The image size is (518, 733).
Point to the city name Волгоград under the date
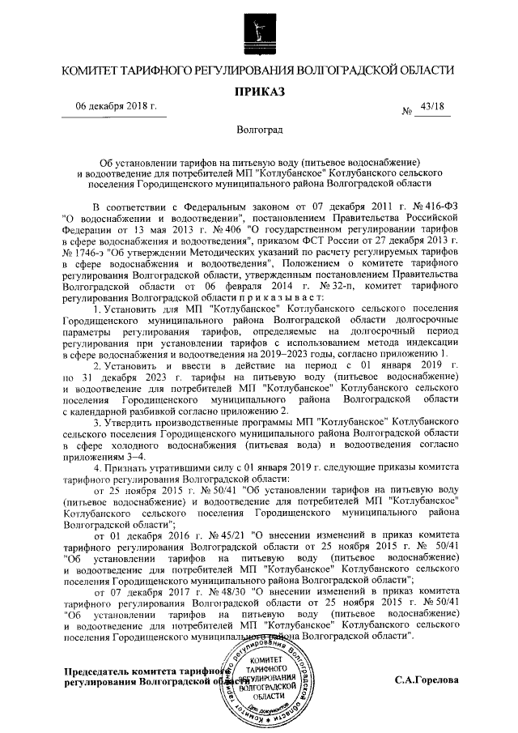(x=259, y=130)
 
